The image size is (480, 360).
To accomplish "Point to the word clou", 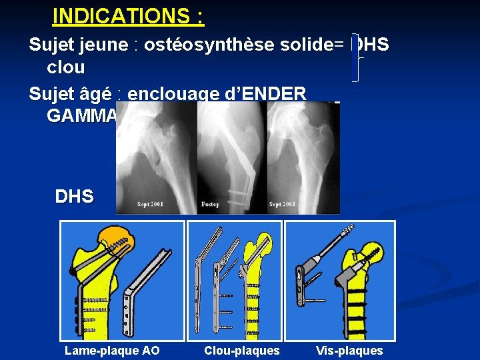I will tap(65, 67).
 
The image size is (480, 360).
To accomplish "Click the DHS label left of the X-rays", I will tap(74, 197).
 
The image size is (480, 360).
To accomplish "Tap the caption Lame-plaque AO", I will tap(112, 351).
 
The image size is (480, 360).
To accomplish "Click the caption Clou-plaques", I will tap(242, 351).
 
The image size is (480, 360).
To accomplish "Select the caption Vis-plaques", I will tap(349, 351).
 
